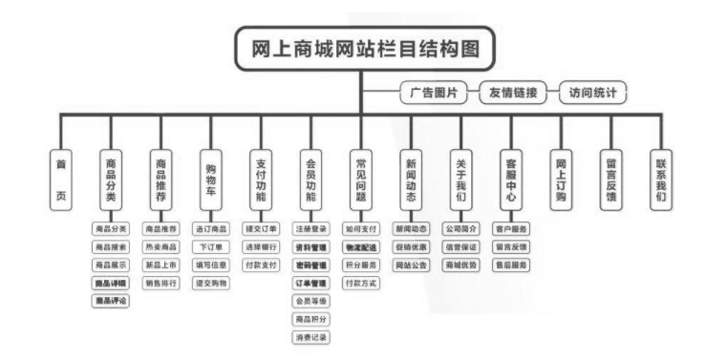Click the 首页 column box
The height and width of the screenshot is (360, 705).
click(60, 178)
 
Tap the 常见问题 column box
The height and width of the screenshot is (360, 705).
click(360, 178)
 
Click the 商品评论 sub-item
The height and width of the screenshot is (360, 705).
click(111, 301)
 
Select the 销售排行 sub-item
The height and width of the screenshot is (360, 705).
click(160, 283)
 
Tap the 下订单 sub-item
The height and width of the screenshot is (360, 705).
click(211, 247)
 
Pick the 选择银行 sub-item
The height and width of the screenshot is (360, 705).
click(261, 247)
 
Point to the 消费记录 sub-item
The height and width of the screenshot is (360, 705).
click(310, 337)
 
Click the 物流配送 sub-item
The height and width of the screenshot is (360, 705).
click(361, 247)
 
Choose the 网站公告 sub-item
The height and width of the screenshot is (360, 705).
click(411, 265)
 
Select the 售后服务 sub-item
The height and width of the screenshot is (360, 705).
click(511, 265)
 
